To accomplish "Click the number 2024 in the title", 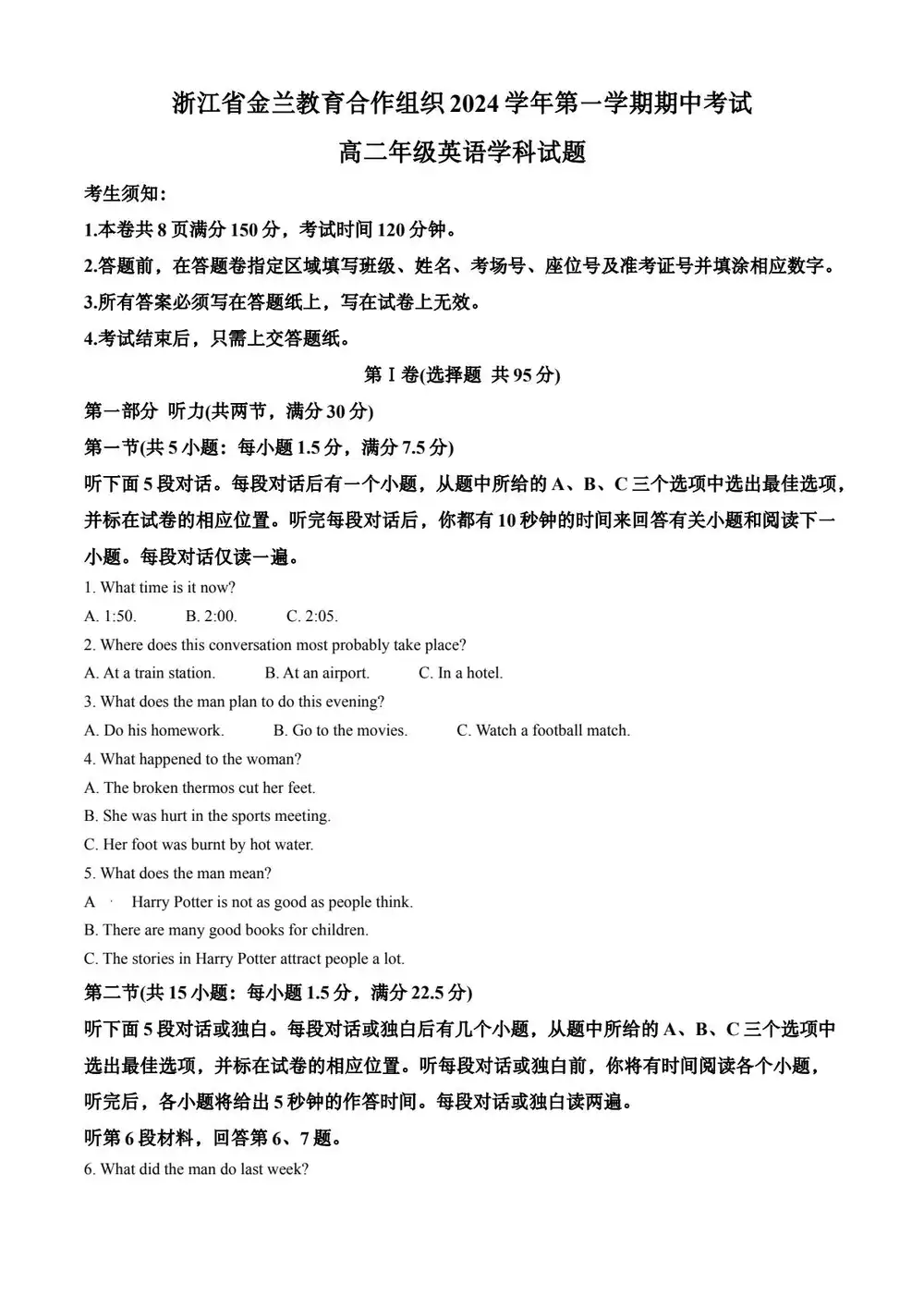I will pos(473,104).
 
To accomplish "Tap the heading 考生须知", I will pos(125,193).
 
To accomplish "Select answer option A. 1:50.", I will pos(110,616).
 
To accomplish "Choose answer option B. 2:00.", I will pos(211,616).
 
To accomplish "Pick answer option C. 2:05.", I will pos(312,616).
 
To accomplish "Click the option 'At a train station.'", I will pos(150,673).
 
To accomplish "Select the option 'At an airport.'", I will pos(317,673).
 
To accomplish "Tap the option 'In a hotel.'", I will pos(461,673).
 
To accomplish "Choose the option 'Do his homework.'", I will pos(154,730).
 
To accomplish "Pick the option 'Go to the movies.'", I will pos(340,730).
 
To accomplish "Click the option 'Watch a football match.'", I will pos(543,730).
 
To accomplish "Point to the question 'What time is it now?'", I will pos(160,587).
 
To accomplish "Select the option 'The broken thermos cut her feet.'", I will pos(200,788).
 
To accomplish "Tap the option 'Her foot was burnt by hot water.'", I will pos(199,844).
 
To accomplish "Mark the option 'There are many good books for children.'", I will pos(226,930).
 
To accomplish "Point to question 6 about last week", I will pos(196,1169).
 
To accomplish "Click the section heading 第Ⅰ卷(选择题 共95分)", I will pos(462,374).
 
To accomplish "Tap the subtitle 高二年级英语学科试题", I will pos(462,152).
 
